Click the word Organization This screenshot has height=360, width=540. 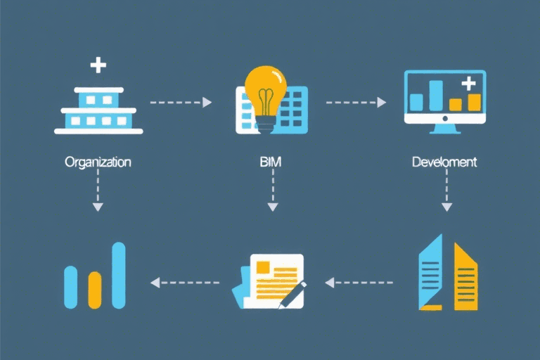pyautogui.click(x=98, y=162)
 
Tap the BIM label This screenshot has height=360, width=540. pyautogui.click(x=271, y=162)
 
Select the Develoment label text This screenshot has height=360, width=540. pyautogui.click(x=444, y=162)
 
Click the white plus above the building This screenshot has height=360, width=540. pyautogui.click(x=98, y=66)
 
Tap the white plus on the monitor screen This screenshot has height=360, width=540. pyautogui.click(x=469, y=84)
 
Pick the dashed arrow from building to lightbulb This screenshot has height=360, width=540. pyautogui.click(x=181, y=103)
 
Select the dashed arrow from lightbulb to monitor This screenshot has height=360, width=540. pyautogui.click(x=356, y=103)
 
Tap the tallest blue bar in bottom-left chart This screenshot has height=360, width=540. pyautogui.click(x=119, y=275)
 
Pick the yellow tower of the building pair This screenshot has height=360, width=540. pyautogui.click(x=465, y=277)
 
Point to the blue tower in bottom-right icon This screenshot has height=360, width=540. pyautogui.click(x=430, y=274)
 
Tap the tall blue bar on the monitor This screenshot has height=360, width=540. pyautogui.click(x=436, y=95)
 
